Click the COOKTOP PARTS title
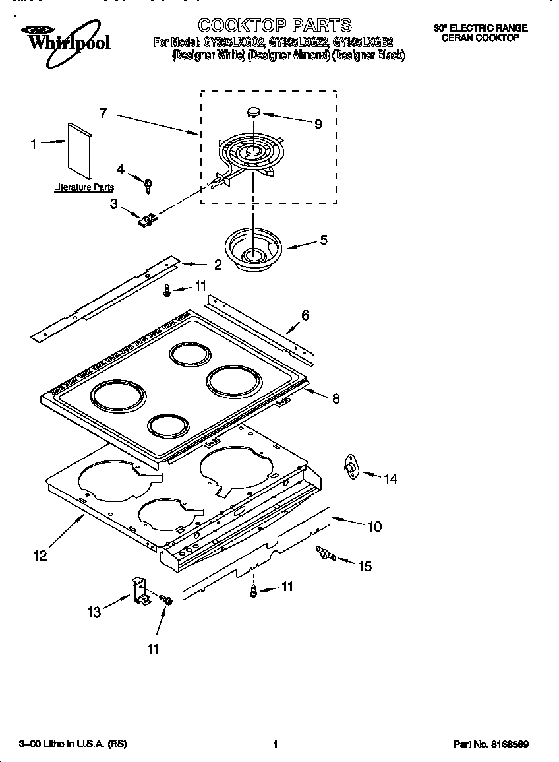click(x=275, y=26)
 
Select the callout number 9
click(x=318, y=124)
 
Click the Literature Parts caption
click(x=84, y=187)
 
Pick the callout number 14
click(x=391, y=479)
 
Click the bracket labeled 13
click(x=139, y=590)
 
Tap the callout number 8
click(x=336, y=398)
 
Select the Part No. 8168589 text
click(x=490, y=744)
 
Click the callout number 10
click(x=374, y=526)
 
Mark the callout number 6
click(x=305, y=315)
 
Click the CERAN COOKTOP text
click(x=480, y=38)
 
